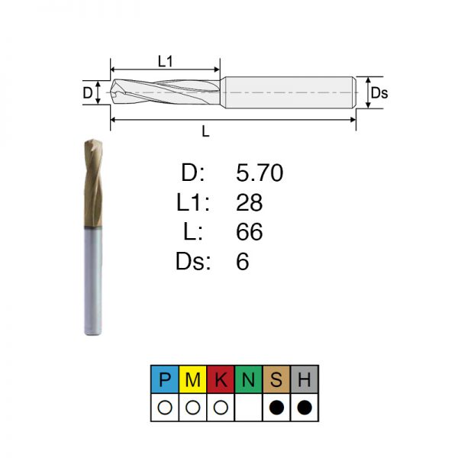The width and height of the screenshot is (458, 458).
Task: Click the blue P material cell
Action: click(x=165, y=379)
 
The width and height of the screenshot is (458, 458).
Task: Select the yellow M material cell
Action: click(x=193, y=379)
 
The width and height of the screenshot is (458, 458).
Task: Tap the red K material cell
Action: click(x=221, y=379)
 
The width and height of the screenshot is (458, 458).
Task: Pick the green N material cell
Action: click(x=249, y=379)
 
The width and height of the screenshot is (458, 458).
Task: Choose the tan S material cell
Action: click(x=276, y=379)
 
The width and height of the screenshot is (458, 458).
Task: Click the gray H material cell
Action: click(x=305, y=379)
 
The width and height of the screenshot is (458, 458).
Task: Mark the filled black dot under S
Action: click(x=276, y=407)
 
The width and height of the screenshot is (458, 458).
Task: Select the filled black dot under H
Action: click(x=305, y=407)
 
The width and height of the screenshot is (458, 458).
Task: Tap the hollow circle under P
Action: click(x=165, y=407)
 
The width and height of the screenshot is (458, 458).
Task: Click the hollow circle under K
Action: click(x=221, y=407)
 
